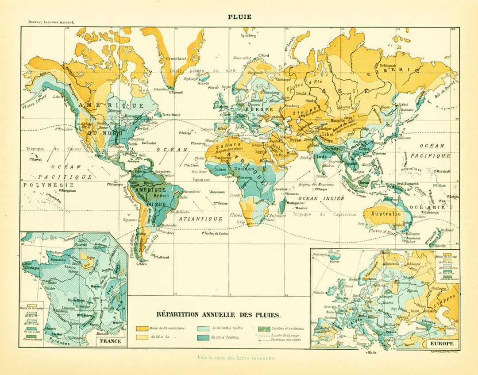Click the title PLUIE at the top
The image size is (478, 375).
(x=239, y=17)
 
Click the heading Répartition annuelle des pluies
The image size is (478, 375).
(x=219, y=315)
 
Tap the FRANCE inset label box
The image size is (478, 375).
(x=111, y=341)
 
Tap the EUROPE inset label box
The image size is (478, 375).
(x=440, y=343)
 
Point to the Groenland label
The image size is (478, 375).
(x=176, y=58)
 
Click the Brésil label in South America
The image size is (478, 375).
(x=158, y=195)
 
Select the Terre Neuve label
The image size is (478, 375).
(x=172, y=114)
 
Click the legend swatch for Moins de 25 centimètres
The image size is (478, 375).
(x=142, y=329)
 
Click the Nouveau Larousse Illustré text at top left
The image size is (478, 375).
(x=51, y=21)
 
